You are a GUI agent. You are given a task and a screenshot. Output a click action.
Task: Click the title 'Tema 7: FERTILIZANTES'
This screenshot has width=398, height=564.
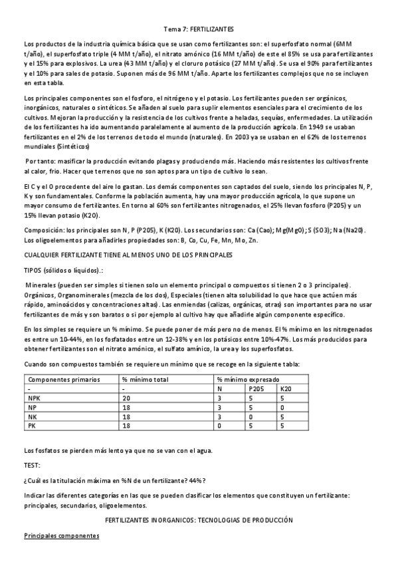[199, 30]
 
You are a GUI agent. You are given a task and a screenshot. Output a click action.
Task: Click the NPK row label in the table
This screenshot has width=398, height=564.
[34, 398]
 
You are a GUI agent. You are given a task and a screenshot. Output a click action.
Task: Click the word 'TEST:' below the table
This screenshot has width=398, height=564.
[31, 465]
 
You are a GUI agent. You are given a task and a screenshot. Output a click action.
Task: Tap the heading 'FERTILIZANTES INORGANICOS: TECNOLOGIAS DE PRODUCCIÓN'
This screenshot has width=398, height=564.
[199, 517]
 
